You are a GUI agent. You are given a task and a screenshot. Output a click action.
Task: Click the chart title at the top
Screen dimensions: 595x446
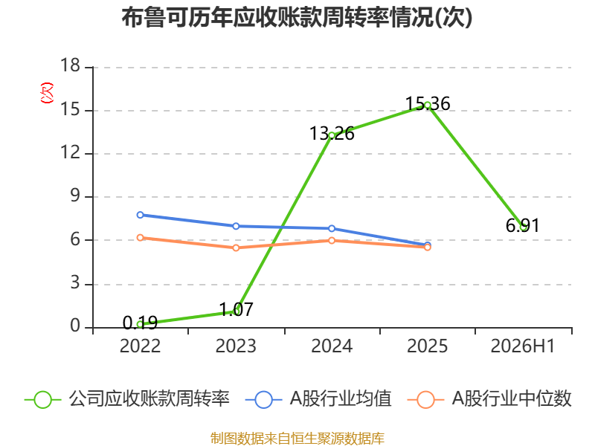pyautogui.click(x=297, y=17)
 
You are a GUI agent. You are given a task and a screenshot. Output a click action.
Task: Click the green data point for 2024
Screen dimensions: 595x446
pyautogui.click(x=332, y=135)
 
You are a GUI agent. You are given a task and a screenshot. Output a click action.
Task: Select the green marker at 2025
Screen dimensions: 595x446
pyautogui.click(x=428, y=105)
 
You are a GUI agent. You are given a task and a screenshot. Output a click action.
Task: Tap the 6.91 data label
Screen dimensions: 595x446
pyautogui.click(x=523, y=226)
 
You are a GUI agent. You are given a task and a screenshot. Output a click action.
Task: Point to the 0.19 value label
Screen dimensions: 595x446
pyautogui.click(x=140, y=323)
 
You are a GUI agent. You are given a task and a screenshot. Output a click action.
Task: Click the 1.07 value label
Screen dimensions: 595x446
pyautogui.click(x=236, y=309)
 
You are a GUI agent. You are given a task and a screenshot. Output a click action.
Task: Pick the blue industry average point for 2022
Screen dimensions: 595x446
pyautogui.click(x=140, y=215)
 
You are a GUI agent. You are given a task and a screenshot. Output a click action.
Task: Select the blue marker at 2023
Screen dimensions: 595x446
pyautogui.click(x=236, y=226)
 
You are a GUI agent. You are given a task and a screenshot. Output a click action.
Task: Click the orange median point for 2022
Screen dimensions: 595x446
pyautogui.click(x=140, y=238)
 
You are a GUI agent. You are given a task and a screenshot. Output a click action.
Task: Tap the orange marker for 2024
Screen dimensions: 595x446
pyautogui.click(x=332, y=240)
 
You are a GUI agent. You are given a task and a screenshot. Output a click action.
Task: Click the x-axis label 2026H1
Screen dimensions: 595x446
pyautogui.click(x=523, y=346)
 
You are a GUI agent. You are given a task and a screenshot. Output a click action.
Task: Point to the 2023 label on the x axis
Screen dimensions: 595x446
pyautogui.click(x=236, y=346)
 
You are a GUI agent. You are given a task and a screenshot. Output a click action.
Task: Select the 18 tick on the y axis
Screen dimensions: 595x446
pyautogui.click(x=70, y=65)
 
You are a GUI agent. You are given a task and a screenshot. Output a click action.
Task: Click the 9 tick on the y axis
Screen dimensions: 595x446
pyautogui.click(x=75, y=195)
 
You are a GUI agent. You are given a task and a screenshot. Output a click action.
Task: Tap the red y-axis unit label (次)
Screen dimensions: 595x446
pyautogui.click(x=47, y=93)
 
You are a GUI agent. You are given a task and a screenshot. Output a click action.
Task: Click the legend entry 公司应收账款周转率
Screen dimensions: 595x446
pyautogui.click(x=127, y=399)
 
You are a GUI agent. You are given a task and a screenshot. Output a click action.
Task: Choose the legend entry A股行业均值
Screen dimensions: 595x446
pyautogui.click(x=319, y=399)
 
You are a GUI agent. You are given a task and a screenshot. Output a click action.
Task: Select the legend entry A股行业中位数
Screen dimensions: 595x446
pyautogui.click(x=489, y=399)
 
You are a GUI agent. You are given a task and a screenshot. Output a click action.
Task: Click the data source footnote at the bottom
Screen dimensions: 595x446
pyautogui.click(x=297, y=438)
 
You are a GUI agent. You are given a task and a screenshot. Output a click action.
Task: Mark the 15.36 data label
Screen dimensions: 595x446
pyautogui.click(x=428, y=103)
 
